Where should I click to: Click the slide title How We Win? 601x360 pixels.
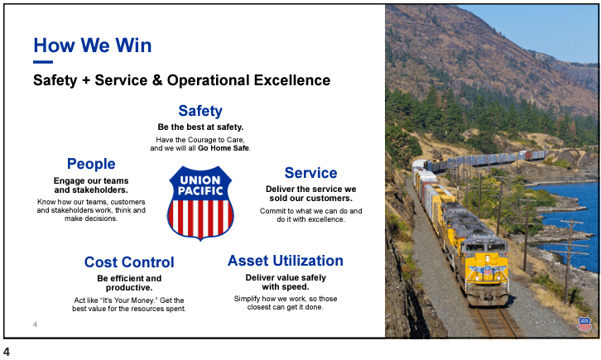93,46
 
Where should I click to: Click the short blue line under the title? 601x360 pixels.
43,62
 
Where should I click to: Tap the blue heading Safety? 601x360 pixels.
200,111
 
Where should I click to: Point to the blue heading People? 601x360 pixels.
91,164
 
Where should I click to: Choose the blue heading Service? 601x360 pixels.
311,173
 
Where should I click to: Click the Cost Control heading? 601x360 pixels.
129,262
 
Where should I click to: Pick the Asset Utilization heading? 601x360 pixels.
286,261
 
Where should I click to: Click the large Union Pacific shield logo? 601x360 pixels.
200,203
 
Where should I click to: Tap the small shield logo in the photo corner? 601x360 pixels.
585,324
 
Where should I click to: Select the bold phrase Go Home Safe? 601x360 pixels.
223,148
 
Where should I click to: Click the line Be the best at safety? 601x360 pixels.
200,127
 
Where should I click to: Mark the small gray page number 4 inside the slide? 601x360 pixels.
35,324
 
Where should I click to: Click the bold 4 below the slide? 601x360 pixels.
7,352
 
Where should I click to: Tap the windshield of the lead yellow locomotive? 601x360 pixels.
485,247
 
